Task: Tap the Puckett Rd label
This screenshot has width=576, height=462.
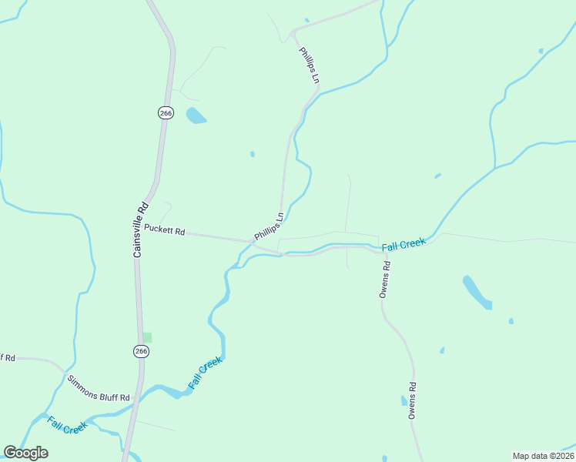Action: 165,229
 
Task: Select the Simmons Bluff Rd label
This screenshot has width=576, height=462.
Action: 99,389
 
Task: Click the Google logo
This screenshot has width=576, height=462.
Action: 25,453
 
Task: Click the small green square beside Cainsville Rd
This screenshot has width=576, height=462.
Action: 147,337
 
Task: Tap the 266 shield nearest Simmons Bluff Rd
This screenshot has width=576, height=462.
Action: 141,351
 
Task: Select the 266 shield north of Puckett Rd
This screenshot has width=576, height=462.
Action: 166,112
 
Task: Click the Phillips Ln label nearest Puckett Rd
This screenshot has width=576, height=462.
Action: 269,226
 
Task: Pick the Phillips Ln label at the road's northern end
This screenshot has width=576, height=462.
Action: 310,65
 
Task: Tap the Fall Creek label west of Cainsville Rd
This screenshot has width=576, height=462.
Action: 67,424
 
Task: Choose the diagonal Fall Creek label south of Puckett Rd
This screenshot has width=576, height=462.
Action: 205,372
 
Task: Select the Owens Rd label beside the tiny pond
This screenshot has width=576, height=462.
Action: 413,400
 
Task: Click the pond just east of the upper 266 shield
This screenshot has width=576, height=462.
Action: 196,115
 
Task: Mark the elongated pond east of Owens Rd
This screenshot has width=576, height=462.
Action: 477,292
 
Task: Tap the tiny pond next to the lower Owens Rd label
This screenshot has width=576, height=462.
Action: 404,400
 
